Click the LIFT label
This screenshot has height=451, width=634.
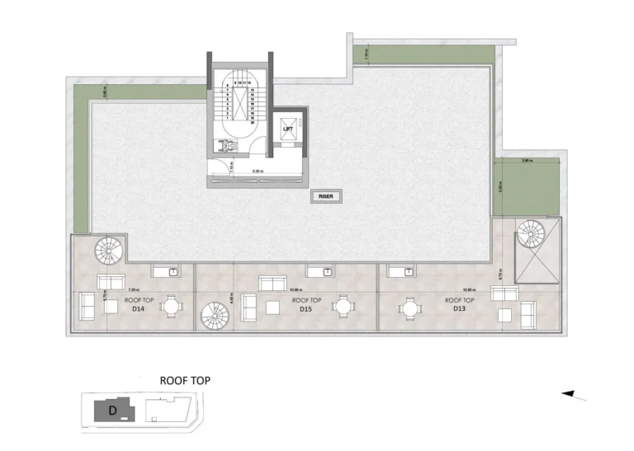point(288,129)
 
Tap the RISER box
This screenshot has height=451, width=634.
point(325,197)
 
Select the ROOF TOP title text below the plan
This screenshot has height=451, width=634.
point(185,380)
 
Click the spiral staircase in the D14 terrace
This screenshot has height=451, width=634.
point(107,247)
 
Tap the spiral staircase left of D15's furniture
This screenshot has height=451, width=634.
point(215,314)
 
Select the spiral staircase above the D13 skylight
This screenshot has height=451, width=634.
point(528,230)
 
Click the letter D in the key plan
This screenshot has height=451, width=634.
point(110,409)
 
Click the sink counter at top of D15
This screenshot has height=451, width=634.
point(319,270)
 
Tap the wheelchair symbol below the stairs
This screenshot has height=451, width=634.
point(220,145)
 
